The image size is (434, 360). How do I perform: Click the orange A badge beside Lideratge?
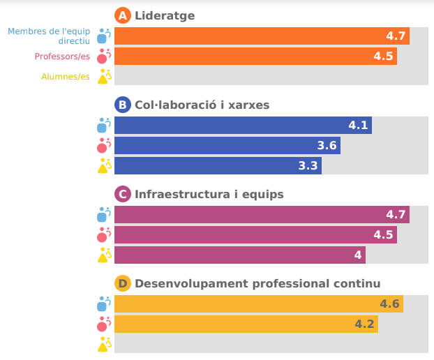point(123,15)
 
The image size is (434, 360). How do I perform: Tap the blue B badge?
point(123,105)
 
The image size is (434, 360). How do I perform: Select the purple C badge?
point(123,194)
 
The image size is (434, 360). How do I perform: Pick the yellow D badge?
point(123,283)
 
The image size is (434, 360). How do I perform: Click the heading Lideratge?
point(165,15)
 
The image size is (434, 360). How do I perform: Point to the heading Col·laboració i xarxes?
point(202,105)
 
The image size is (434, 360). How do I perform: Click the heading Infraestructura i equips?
point(209,194)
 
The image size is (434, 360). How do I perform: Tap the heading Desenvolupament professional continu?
point(257,283)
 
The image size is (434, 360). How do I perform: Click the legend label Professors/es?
point(62,57)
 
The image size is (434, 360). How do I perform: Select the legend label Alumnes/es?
point(66,77)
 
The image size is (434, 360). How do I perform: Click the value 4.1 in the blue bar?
point(358,126)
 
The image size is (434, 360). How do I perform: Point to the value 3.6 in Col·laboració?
point(327,146)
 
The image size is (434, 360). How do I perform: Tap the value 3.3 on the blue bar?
point(308,166)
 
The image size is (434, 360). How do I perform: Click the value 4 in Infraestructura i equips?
point(358,255)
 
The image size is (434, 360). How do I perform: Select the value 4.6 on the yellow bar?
point(389,304)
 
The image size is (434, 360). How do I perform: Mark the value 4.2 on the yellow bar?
point(364,324)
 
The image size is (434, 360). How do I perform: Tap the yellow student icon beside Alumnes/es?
point(104,77)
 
